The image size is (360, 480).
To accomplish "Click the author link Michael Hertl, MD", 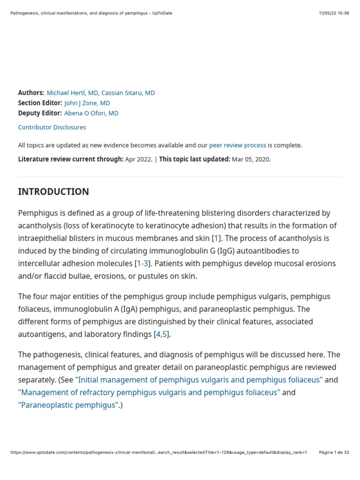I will pyautogui.click(x=72, y=93).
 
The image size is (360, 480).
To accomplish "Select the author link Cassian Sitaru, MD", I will pyautogui.click(x=128, y=93).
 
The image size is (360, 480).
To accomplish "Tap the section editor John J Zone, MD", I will pyautogui.click(x=87, y=103).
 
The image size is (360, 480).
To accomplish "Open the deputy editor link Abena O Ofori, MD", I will pyautogui.click(x=91, y=113).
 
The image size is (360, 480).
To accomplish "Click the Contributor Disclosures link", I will pyautogui.click(x=52, y=127).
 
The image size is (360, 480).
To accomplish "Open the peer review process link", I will pyautogui.click(x=238, y=145).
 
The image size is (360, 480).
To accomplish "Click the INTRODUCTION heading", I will pyautogui.click(x=53, y=192).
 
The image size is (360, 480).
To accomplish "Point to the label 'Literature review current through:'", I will pyautogui.click(x=71, y=159).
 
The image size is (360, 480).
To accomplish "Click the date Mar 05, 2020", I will pyautogui.click(x=251, y=159).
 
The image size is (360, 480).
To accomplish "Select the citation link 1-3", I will pyautogui.click(x=142, y=263).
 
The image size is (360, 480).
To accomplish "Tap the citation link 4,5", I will pyautogui.click(x=161, y=334).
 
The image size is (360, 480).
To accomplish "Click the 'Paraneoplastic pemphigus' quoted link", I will pyautogui.click(x=68, y=405).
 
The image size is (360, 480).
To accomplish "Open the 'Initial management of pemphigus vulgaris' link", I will pyautogui.click(x=199, y=380).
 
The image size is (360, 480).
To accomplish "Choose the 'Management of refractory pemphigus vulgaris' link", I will pyautogui.click(x=149, y=392).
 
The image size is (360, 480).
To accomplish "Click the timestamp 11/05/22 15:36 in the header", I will pyautogui.click(x=334, y=13).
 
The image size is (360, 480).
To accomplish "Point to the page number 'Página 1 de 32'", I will pyautogui.click(x=334, y=452).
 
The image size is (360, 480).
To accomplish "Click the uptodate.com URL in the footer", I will pyautogui.click(x=158, y=452).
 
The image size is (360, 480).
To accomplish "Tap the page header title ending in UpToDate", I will pyautogui.click(x=91, y=13).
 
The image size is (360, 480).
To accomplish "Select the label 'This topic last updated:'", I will pyautogui.click(x=195, y=159).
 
